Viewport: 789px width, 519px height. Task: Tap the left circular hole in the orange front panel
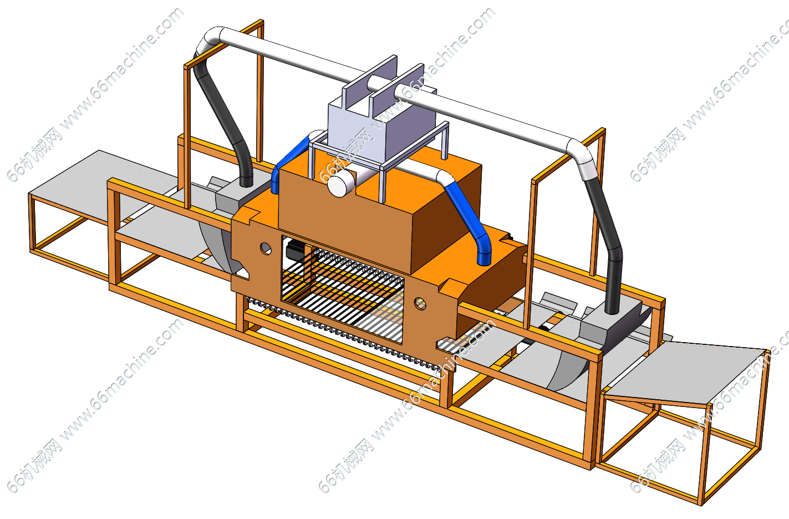point(266,248)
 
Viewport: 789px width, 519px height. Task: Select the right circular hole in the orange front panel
point(420,303)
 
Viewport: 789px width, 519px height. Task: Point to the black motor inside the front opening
point(295,250)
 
